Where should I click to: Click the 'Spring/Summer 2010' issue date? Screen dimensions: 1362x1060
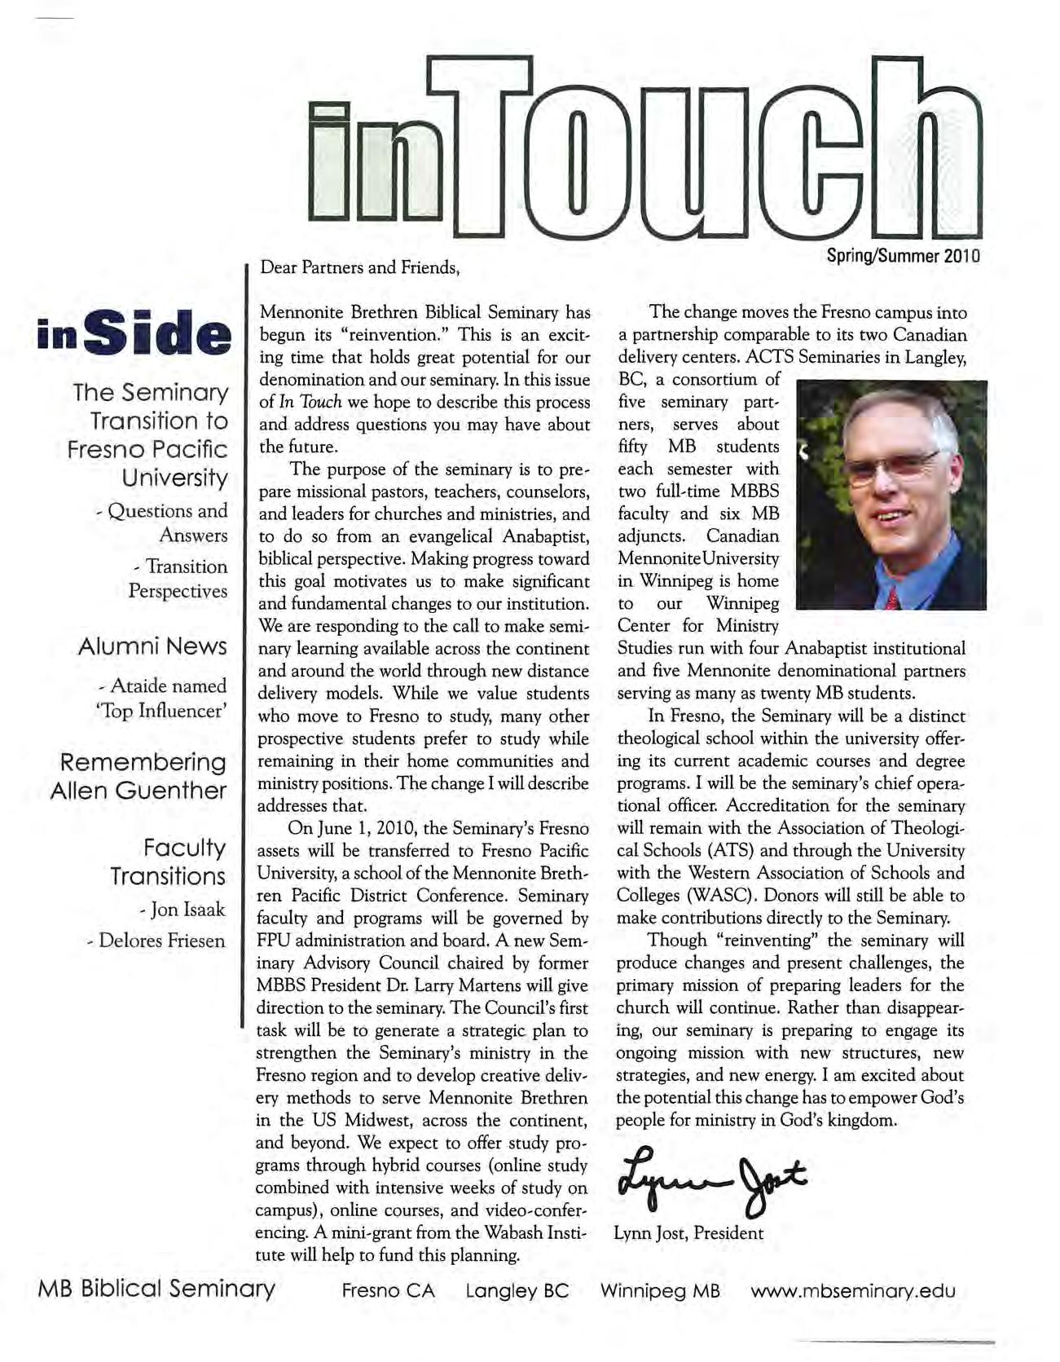click(x=903, y=255)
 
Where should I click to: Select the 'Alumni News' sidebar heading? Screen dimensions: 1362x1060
click(x=152, y=646)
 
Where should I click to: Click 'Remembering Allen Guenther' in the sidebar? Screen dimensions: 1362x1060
click(x=139, y=776)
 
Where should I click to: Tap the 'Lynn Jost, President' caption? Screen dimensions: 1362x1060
click(x=688, y=1232)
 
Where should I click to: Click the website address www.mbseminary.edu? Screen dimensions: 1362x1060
click(x=853, y=1291)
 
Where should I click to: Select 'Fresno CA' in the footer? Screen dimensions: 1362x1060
click(x=388, y=1291)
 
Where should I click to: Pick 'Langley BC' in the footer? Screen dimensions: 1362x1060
click(x=517, y=1291)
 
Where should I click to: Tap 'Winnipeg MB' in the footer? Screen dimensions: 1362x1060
click(x=660, y=1291)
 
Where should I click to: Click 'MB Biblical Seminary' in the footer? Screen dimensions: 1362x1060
click(x=156, y=1289)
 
